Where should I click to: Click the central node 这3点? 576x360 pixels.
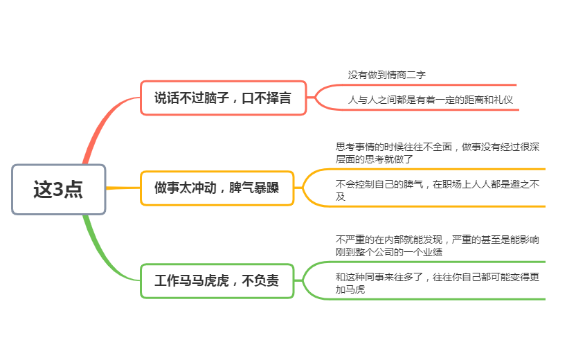[x=59, y=190]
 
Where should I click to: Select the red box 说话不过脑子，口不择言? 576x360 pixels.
[x=224, y=98]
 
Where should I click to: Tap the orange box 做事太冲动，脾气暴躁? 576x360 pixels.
[x=217, y=188]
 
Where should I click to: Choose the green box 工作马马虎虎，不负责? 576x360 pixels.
[x=217, y=281]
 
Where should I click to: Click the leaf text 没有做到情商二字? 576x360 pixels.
[x=387, y=75]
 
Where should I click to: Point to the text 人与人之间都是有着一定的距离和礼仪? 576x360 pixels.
[x=430, y=100]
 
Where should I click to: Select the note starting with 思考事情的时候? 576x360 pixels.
[x=437, y=153]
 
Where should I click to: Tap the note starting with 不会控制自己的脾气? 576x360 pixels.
[x=437, y=190]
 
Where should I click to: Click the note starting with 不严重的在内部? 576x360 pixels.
[x=437, y=246]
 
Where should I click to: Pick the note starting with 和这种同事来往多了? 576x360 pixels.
[x=437, y=283]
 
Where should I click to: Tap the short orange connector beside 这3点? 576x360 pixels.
[x=123, y=188]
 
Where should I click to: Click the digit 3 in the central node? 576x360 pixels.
[x=58, y=190]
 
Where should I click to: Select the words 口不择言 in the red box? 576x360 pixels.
[x=267, y=98]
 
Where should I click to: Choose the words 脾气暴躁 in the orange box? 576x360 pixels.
[x=254, y=188]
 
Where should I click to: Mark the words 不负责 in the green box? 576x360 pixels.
[x=260, y=281]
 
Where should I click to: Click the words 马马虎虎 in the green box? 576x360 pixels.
[x=204, y=281]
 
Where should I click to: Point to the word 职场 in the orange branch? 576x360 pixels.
[x=452, y=184]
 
